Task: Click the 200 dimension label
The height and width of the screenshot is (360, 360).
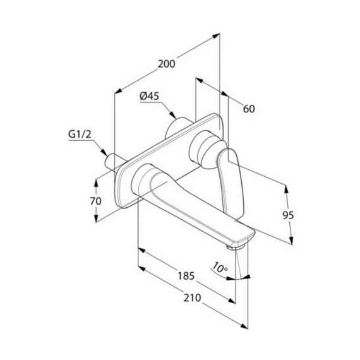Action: tap(167, 64)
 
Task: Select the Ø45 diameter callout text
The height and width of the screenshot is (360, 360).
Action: tap(150, 96)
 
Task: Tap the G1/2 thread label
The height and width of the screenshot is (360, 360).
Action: tap(80, 135)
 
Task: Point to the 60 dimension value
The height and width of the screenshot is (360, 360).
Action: tap(249, 109)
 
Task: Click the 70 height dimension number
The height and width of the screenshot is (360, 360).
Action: tap(95, 201)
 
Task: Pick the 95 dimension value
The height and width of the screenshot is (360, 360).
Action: tap(288, 215)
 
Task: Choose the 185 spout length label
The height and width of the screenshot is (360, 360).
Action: tap(186, 276)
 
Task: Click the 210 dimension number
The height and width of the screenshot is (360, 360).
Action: tap(192, 297)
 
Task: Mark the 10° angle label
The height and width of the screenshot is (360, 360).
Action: tap(220, 268)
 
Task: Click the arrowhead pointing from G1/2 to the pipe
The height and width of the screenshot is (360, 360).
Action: tap(104, 152)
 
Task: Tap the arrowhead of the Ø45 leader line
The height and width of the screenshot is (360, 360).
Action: tap(173, 114)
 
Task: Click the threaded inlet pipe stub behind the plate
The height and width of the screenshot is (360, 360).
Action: tap(112, 162)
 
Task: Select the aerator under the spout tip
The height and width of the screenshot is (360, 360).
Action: tap(235, 246)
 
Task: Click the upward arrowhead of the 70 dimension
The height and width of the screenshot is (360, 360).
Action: tap(96, 183)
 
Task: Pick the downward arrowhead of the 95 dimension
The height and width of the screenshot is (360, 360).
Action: tap(291, 241)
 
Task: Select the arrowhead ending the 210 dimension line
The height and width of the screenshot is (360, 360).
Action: tap(244, 327)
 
